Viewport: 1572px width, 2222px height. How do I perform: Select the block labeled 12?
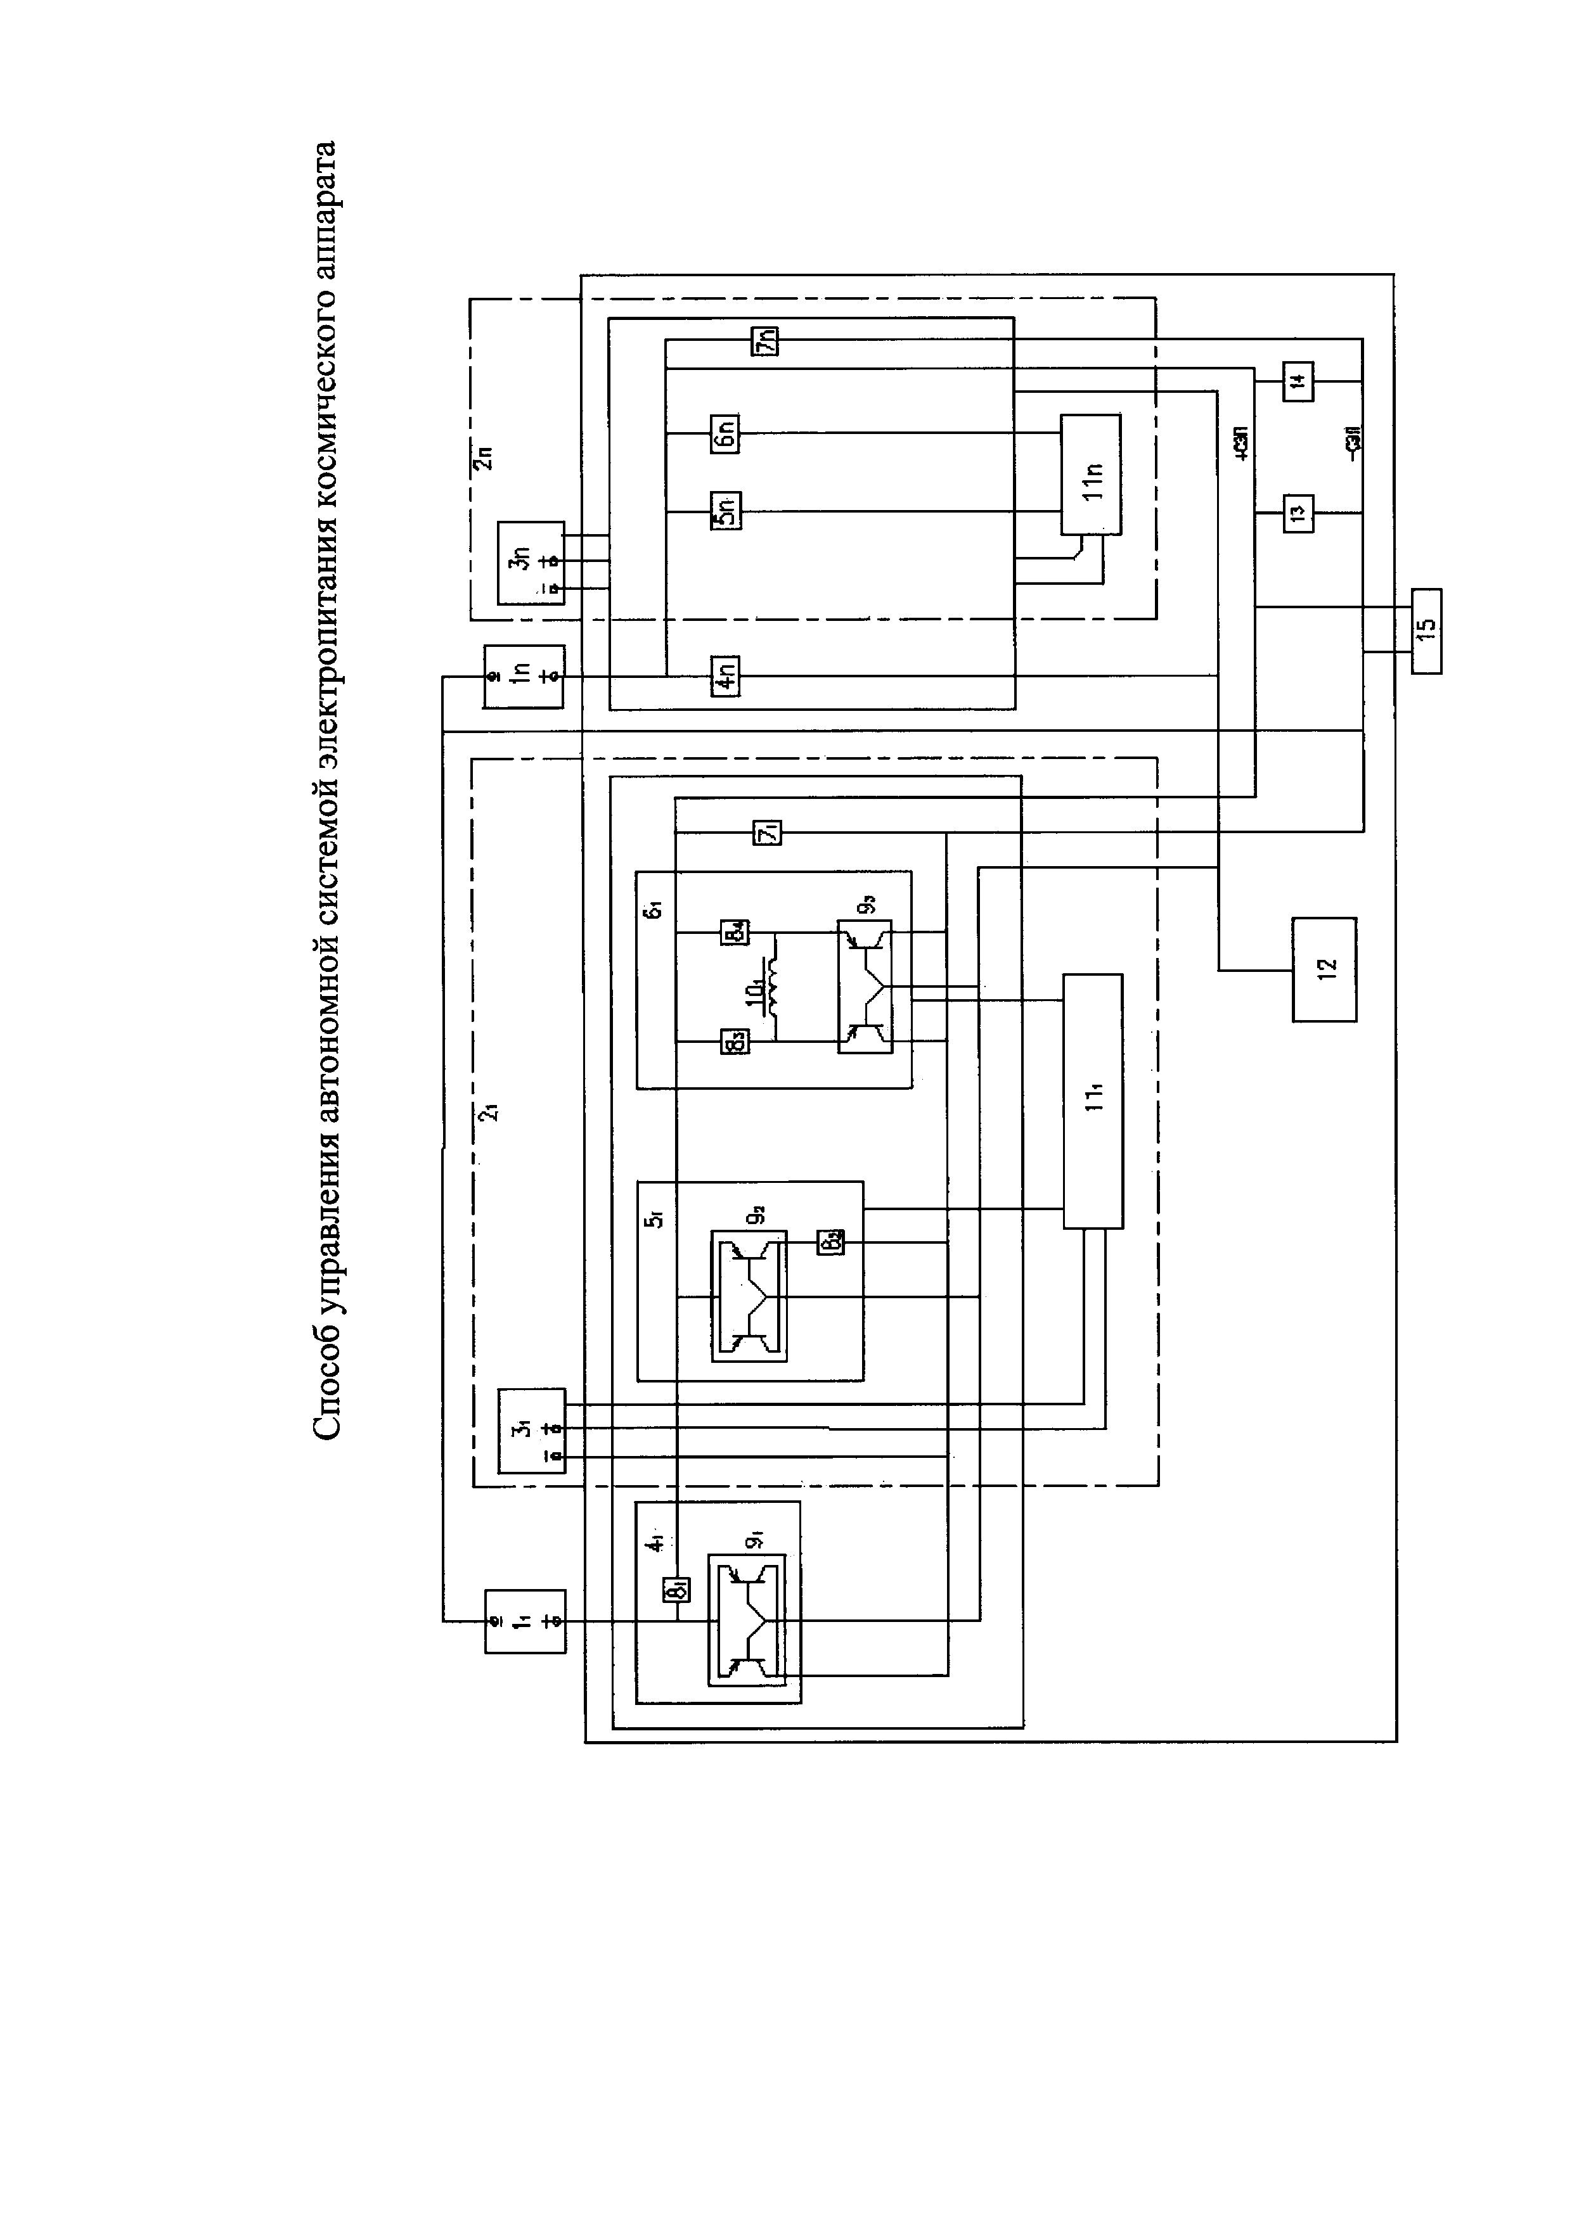click(x=1324, y=969)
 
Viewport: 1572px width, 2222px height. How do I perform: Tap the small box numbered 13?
click(x=1298, y=511)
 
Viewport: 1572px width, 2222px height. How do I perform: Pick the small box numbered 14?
click(x=1298, y=380)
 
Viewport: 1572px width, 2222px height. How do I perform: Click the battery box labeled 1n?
click(x=524, y=675)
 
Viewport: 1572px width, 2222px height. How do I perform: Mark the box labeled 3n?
click(x=531, y=562)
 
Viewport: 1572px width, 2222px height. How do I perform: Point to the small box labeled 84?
click(x=733, y=934)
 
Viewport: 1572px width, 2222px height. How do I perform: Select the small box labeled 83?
click(x=733, y=1042)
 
